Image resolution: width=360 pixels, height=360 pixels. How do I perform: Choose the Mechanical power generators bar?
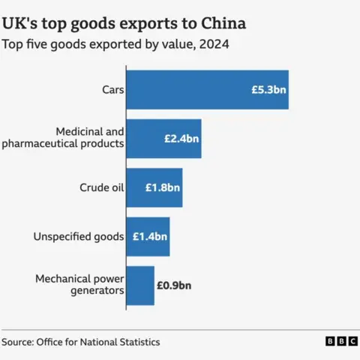pyautogui.click(x=140, y=285)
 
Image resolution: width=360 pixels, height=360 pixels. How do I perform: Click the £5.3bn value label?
pyautogui.click(x=268, y=89)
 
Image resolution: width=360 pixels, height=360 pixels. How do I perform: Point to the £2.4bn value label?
pyautogui.click(x=181, y=139)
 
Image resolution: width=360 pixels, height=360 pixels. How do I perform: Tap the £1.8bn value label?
pyautogui.click(x=163, y=187)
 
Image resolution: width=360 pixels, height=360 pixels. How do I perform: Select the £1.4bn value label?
pyautogui.click(x=150, y=236)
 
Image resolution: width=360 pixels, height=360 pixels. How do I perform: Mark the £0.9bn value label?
pyautogui.click(x=174, y=285)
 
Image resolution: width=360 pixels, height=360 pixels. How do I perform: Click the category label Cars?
pyautogui.click(x=112, y=89)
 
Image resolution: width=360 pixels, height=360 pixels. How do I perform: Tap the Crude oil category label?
pyautogui.click(x=101, y=187)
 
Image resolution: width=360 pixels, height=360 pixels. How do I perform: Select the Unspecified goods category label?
pyautogui.click(x=78, y=236)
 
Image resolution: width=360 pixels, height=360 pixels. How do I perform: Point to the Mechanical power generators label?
pyautogui.click(x=79, y=285)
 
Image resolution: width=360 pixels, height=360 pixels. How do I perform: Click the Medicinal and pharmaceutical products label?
pyautogui.click(x=73, y=138)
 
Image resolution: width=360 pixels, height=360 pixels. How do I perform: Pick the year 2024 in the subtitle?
pyautogui.click(x=214, y=44)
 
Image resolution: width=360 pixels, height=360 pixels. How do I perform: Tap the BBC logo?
pyautogui.click(x=341, y=341)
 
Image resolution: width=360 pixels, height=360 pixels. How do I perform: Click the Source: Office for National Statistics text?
pyautogui.click(x=80, y=342)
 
